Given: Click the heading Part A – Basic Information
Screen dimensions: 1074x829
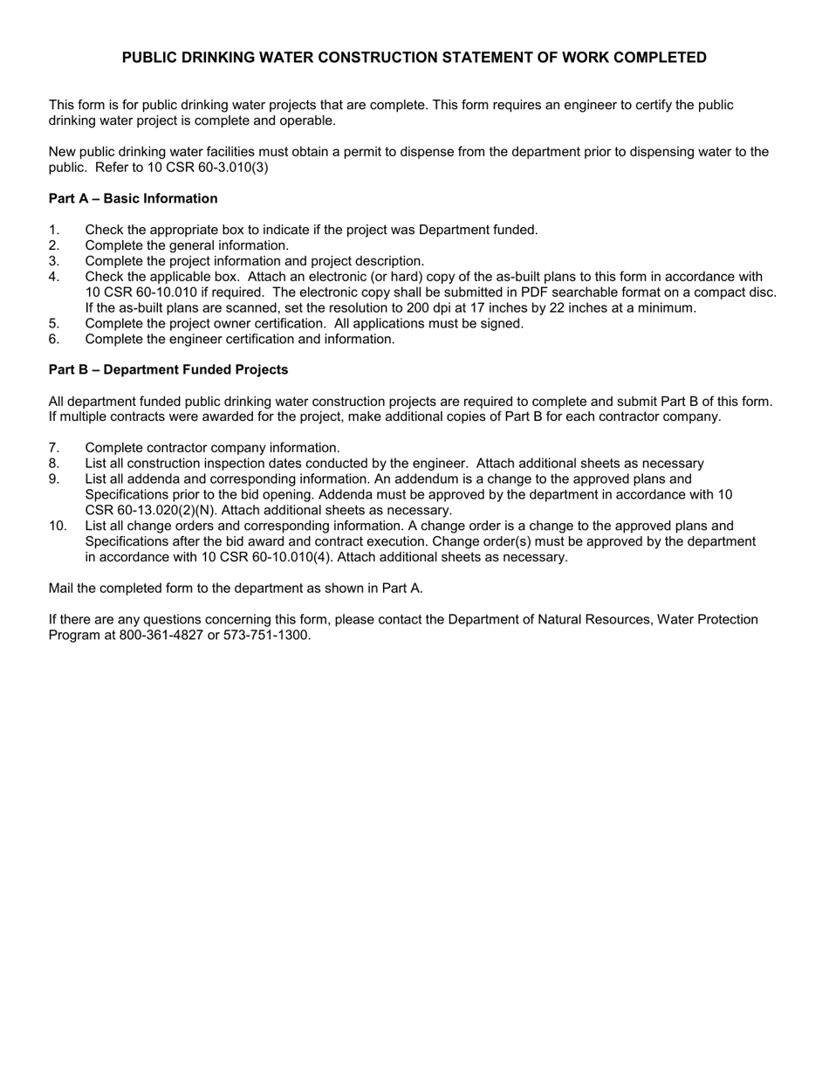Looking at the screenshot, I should point(133,198).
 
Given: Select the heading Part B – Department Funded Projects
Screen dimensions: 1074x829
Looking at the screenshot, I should point(168,369).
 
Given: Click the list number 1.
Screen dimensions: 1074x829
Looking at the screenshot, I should point(53,230).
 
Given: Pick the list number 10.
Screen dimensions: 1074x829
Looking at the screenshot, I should point(58,526).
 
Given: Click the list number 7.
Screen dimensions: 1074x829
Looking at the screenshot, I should point(54,448).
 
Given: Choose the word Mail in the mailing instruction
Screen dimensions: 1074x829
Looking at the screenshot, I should point(63,588).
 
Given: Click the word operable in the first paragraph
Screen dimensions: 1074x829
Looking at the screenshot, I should point(308,120).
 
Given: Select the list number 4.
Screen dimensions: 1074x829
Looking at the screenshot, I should point(54,277).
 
